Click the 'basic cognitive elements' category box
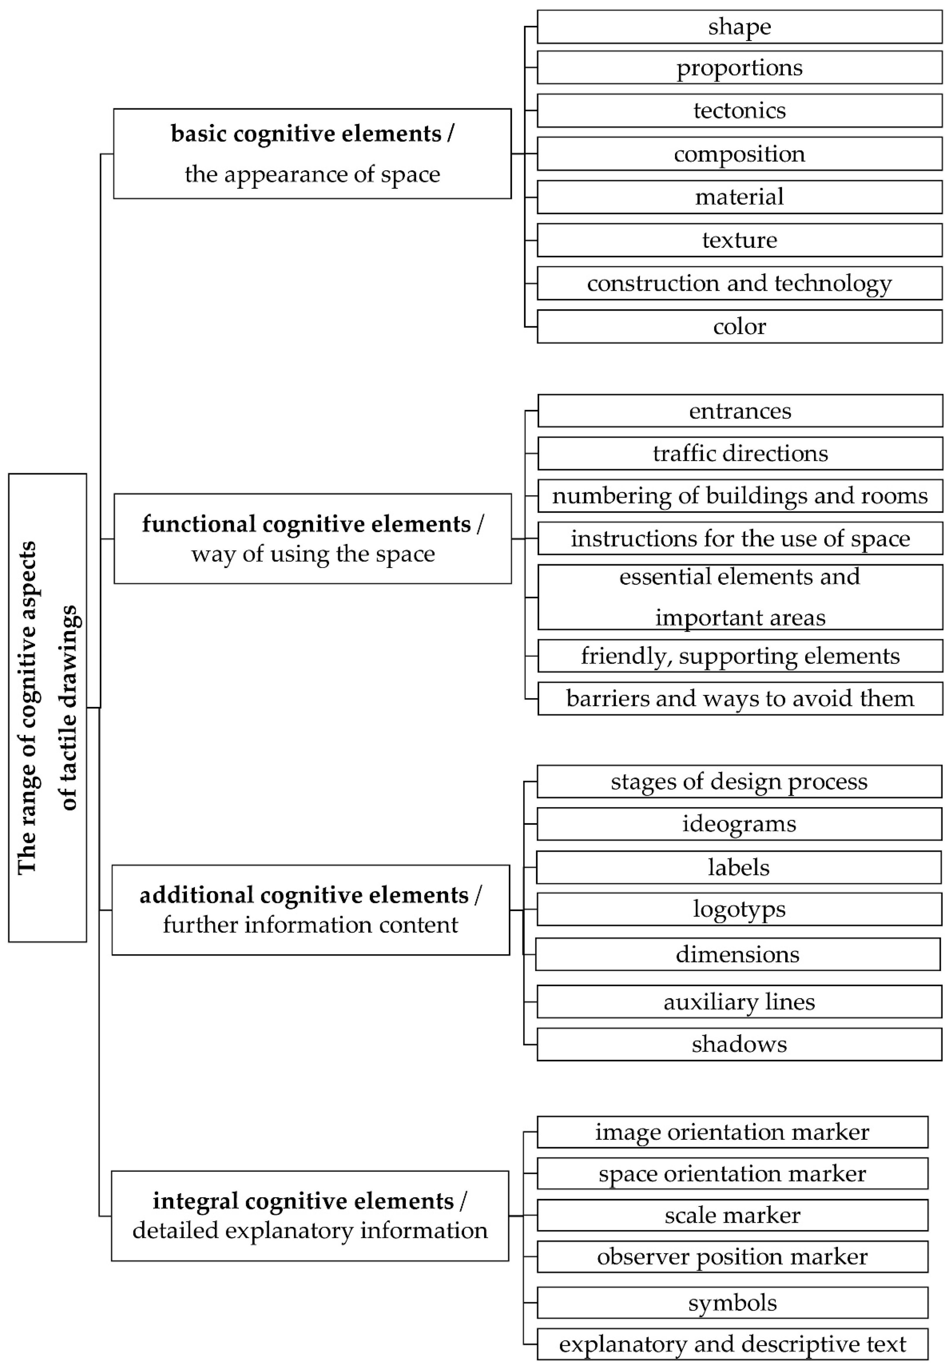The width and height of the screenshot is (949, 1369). pyautogui.click(x=312, y=154)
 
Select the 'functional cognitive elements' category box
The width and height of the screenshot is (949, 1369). pyautogui.click(x=312, y=538)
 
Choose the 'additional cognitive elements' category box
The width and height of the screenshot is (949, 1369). pyautogui.click(x=310, y=910)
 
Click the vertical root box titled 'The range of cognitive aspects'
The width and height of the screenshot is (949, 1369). pyautogui.click(x=47, y=708)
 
